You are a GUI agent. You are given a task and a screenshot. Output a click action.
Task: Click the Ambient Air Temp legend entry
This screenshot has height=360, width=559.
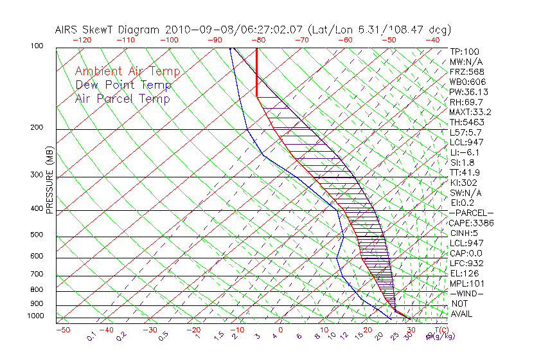[127, 71]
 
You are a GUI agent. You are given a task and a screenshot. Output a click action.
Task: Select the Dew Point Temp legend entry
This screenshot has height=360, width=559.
[123, 85]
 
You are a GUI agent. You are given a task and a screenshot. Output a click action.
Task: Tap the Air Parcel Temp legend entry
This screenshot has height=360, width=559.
[123, 98]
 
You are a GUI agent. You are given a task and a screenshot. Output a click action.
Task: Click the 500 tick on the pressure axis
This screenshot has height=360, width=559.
[37, 235]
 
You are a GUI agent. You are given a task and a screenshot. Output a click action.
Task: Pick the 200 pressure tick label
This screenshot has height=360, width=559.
[37, 127]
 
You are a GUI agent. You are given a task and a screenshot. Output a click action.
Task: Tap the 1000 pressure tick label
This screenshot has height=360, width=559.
[35, 316]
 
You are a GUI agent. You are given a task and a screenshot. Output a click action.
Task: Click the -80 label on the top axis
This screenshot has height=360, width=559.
[258, 40]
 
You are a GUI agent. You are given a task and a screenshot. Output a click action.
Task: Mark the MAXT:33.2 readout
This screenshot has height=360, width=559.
[470, 112]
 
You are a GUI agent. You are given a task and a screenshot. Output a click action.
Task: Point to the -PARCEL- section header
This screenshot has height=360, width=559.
[471, 213]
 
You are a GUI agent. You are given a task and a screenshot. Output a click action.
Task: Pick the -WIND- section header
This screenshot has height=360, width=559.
[467, 293]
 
